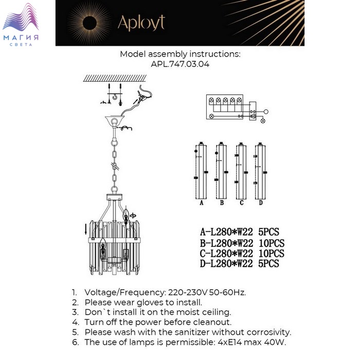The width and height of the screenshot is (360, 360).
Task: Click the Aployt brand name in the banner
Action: pos(141,23)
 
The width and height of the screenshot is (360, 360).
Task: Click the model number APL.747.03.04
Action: pos(180,65)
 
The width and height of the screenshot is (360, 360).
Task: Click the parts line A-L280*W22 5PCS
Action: pos(239,232)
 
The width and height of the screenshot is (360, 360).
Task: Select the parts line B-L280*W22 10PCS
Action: pos(242,243)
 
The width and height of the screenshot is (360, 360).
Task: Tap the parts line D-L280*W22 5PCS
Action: pos(239,264)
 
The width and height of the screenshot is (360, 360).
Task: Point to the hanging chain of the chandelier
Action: pos(115,159)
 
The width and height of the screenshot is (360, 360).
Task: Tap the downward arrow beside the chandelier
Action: pos(85,227)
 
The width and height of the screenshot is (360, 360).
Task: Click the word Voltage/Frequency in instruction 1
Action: pos(123,292)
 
